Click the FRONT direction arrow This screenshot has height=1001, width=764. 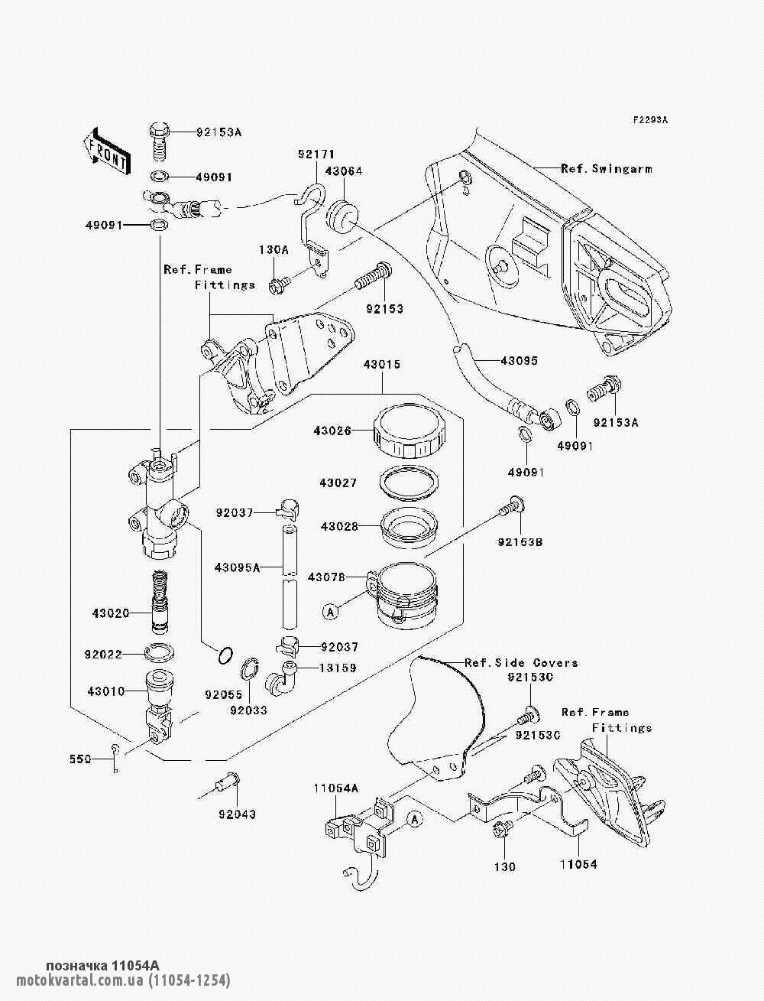coord(106,151)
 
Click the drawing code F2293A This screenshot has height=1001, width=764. coord(650,120)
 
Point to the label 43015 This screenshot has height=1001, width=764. coord(382,364)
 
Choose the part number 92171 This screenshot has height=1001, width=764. coord(316,154)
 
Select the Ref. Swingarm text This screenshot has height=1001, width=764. coord(607,169)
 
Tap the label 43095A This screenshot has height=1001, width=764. coord(237,567)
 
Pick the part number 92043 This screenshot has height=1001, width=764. coord(237,814)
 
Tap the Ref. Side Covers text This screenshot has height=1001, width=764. coord(521,663)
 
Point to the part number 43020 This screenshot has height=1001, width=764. coord(111,613)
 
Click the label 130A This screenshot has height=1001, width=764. coord(274,250)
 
